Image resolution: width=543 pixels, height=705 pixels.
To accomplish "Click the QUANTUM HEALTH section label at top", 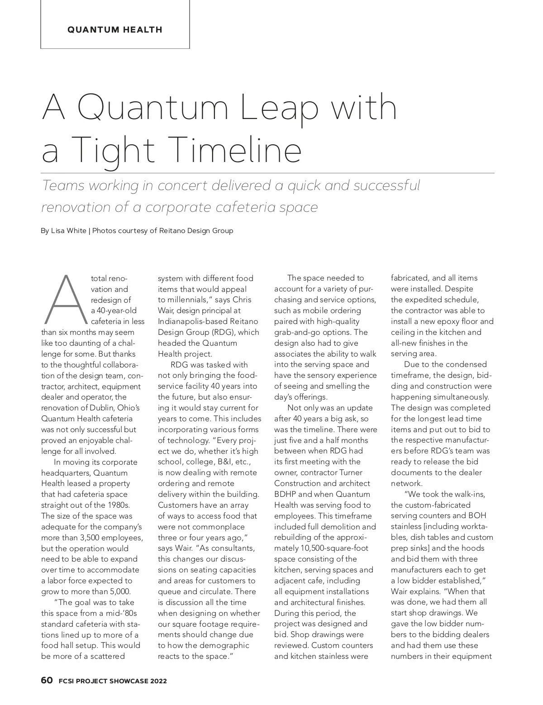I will [114, 30].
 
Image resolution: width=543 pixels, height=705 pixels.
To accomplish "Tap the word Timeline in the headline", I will [236, 150].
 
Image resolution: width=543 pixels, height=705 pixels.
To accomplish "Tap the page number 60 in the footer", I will [47, 681].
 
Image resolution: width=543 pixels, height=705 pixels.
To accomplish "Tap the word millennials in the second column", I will [187, 300].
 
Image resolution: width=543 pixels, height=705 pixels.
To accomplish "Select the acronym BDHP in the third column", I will [285, 494].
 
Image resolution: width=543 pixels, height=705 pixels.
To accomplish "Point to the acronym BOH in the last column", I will [477, 515].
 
